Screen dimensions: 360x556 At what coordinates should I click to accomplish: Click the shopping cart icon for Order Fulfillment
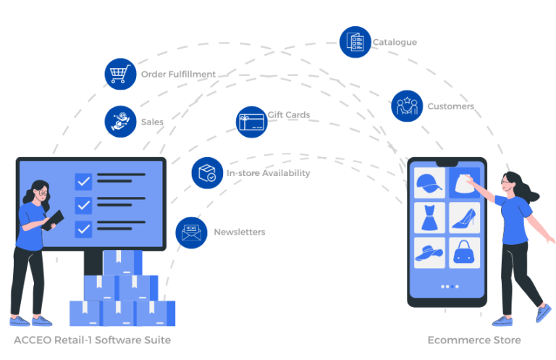[120, 74]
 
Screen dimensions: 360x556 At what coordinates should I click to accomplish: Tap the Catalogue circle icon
[355, 42]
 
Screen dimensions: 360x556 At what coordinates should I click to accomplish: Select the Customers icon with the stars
[407, 106]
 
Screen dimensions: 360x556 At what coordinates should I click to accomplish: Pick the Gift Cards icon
[252, 122]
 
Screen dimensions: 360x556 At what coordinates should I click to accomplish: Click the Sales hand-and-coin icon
[120, 122]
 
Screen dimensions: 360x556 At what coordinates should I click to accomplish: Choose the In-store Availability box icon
[207, 173]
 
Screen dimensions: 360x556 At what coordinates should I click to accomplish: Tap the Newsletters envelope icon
[191, 232]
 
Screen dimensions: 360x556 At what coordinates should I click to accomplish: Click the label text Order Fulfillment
[178, 74]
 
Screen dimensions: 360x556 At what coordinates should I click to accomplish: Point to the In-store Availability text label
[268, 173]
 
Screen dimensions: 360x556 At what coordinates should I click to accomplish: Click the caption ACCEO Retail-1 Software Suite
[92, 340]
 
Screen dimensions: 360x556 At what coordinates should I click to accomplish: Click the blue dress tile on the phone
[429, 217]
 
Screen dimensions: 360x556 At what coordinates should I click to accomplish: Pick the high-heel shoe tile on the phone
[464, 217]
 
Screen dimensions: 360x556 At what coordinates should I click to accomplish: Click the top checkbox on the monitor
[83, 181]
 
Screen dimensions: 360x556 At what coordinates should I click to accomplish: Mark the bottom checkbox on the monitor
[83, 229]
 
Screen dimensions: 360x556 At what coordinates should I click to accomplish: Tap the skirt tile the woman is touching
[464, 183]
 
